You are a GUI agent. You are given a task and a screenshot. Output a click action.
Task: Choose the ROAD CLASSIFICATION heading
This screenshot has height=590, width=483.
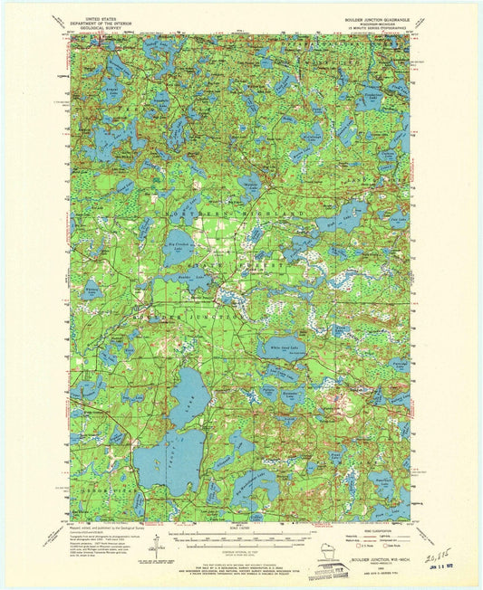click(366, 531)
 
